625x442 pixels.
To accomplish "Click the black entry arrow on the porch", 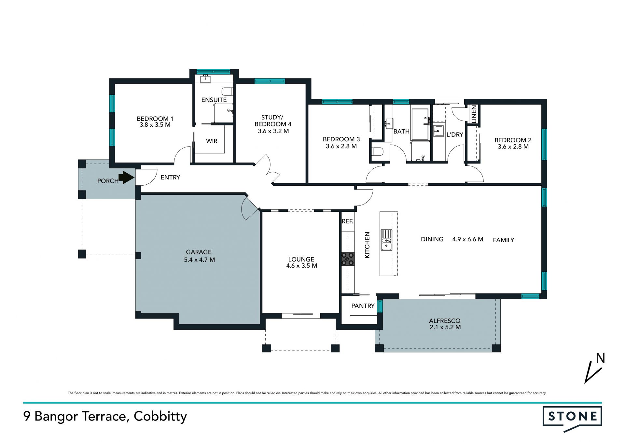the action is point(126,178).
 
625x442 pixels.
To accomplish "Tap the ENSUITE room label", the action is point(214,100).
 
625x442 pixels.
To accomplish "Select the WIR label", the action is point(212,141).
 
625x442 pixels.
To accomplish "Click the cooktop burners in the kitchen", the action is point(348,259).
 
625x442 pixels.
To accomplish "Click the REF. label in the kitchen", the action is point(348,221).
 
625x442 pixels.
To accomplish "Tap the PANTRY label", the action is point(363,306).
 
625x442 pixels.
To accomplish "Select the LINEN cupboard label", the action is point(474,114).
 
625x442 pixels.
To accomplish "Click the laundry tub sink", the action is point(438,131).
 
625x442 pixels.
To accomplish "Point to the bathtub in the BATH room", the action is point(420,124).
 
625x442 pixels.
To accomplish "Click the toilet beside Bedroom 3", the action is point(378,152).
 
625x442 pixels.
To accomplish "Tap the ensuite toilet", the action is point(227,92).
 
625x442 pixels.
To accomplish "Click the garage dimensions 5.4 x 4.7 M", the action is point(199,260).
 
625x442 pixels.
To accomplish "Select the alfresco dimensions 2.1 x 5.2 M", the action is point(445,327).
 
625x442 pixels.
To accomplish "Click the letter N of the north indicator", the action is point(600,358).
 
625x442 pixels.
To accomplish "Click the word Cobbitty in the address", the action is point(160,417).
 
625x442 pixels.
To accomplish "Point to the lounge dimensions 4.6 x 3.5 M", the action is point(302,266).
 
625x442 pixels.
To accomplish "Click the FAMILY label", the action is point(504,240).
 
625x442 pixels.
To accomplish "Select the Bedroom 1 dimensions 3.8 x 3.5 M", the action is point(155,125).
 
